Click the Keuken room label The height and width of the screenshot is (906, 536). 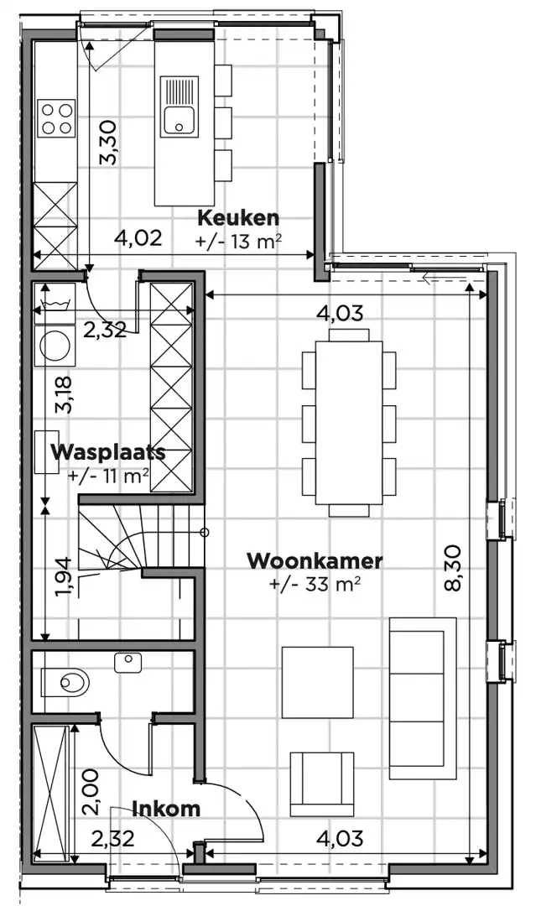237,218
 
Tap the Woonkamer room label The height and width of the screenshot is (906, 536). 315,560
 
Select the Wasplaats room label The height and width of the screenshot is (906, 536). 107,451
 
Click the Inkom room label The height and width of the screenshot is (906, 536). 166,809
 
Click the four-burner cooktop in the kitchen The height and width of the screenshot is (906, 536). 56,117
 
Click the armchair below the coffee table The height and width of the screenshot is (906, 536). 320,783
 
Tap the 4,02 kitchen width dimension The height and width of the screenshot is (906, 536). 138,238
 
